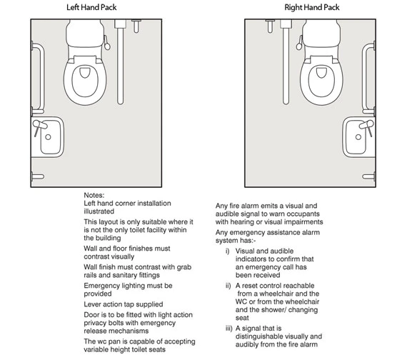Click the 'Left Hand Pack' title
pyautogui.click(x=91, y=7)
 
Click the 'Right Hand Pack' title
pyautogui.click(x=312, y=7)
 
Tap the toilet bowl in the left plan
pyautogui.click(x=85, y=80)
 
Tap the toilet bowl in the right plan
pyautogui.click(x=321, y=80)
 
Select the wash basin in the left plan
pyautogui.click(x=48, y=137)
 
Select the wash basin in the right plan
pyautogui.click(x=358, y=137)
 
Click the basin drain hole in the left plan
pyautogui.click(x=48, y=137)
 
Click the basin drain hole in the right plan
pyautogui.click(x=358, y=137)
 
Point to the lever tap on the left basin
pyautogui.click(x=39, y=126)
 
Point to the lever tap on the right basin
pyautogui.click(x=367, y=126)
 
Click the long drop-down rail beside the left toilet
pyautogui.click(x=120, y=62)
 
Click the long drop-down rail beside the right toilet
pyautogui.click(x=286, y=62)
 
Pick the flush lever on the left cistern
pyautogui.click(x=106, y=43)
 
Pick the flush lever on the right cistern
pyautogui.click(x=300, y=43)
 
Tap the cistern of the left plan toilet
pyautogui.click(x=85, y=34)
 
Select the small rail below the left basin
pyautogui.click(x=38, y=176)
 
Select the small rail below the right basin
pyautogui.click(x=368, y=176)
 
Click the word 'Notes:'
pyautogui.click(x=94, y=195)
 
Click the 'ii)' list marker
pyautogui.click(x=228, y=286)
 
